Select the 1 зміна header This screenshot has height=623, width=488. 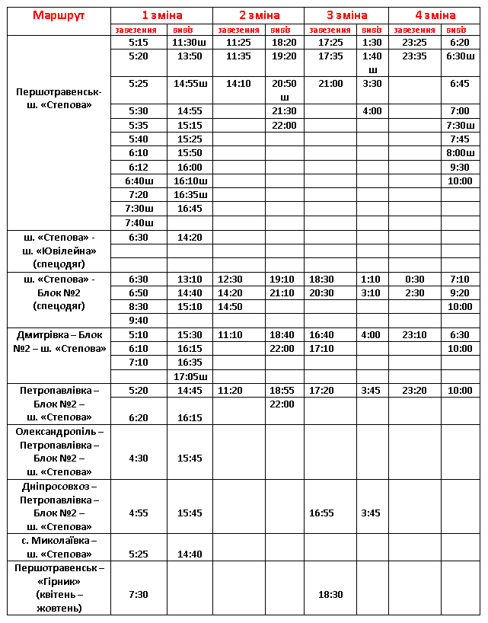pos(161,15)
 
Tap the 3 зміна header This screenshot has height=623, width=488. pos(346,15)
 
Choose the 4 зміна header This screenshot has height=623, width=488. pos(435,15)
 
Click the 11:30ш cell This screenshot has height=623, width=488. pos(190,43)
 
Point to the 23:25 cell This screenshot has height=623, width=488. pos(414,43)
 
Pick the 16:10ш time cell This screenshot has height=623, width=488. pos(190,181)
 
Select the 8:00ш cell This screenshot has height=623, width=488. pos(460,153)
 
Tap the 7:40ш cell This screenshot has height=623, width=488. pos(139,223)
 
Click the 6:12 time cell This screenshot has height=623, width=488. pos(139,168)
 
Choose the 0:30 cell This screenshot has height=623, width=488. pos(414,280)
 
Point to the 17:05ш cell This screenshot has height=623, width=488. pos(190,376)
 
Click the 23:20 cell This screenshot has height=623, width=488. pos(414,391)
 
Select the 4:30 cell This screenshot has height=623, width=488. pos(139,458)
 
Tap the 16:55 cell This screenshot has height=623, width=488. pos(330,513)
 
